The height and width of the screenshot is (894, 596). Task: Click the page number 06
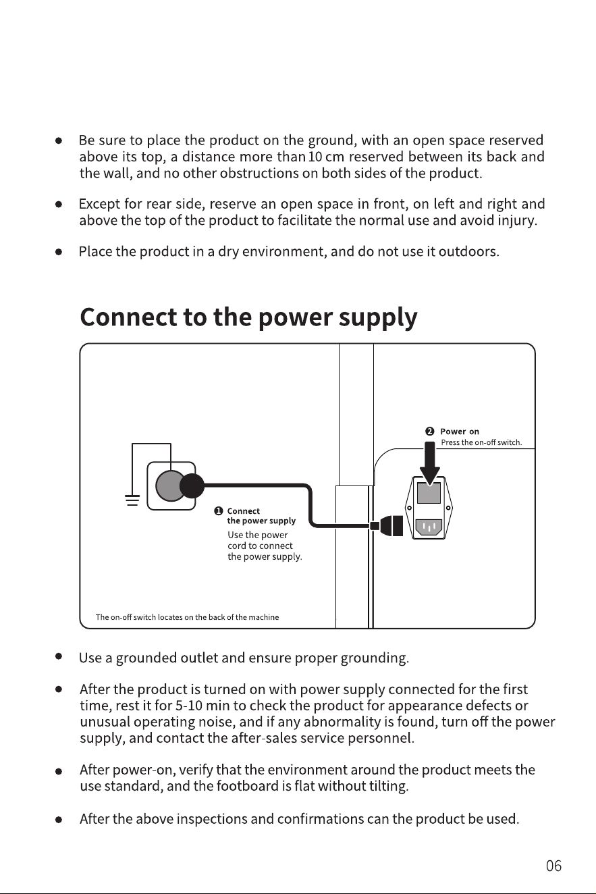pos(553,866)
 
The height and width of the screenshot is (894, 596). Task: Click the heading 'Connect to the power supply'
pos(248,317)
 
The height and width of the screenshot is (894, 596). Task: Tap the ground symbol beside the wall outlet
pos(132,500)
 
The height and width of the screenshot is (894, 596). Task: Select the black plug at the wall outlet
pos(192,485)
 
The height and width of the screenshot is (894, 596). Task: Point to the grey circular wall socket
pos(169,485)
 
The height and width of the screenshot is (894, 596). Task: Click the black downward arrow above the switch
pos(430,464)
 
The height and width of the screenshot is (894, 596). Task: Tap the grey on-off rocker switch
pos(429,493)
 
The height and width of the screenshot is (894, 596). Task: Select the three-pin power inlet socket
pos(429,527)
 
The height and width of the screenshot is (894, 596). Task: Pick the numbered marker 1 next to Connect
pos(219,511)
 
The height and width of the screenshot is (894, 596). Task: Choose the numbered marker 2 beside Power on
pos(430,431)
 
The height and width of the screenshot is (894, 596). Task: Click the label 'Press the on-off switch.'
pos(481,442)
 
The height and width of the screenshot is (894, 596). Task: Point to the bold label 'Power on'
pos(460,431)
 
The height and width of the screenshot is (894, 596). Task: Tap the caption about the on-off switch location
pos(187,617)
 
